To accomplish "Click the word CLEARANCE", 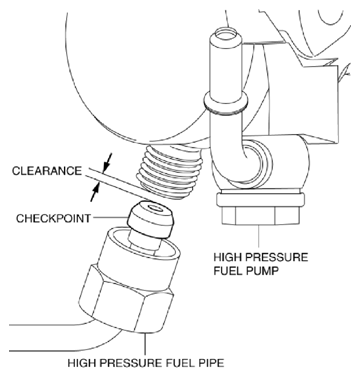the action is click(47, 171).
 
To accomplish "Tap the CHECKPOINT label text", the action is click(53, 218).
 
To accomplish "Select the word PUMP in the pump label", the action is click(261, 270).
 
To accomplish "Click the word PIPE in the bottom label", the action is click(209, 363).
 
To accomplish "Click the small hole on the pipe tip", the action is click(154, 208).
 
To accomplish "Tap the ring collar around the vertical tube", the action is click(225, 103).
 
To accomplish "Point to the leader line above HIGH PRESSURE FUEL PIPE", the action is click(145, 344).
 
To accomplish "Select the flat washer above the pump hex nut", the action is click(260, 199).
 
